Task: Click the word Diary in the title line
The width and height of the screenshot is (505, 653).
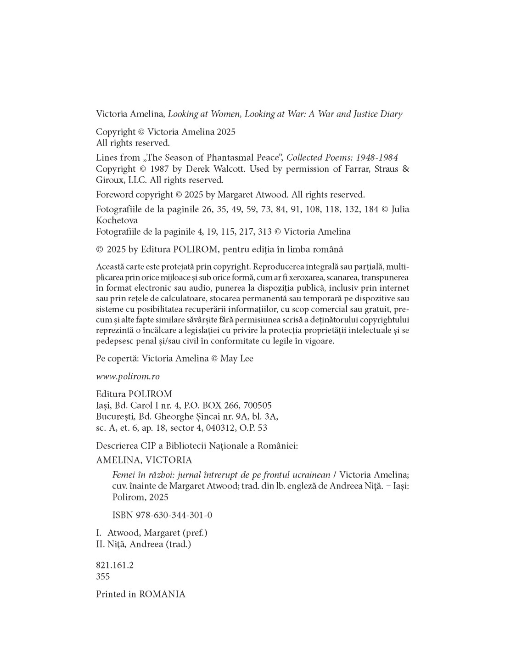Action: tap(392, 114)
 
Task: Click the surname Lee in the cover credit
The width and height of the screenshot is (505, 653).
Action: tap(245, 358)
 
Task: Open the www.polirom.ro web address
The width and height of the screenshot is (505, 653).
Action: tap(128, 376)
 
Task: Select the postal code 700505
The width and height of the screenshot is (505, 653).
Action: tap(258, 405)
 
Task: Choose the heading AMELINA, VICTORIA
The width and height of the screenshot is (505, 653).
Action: tap(144, 460)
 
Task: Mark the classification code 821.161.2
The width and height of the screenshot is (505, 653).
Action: tap(115, 565)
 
